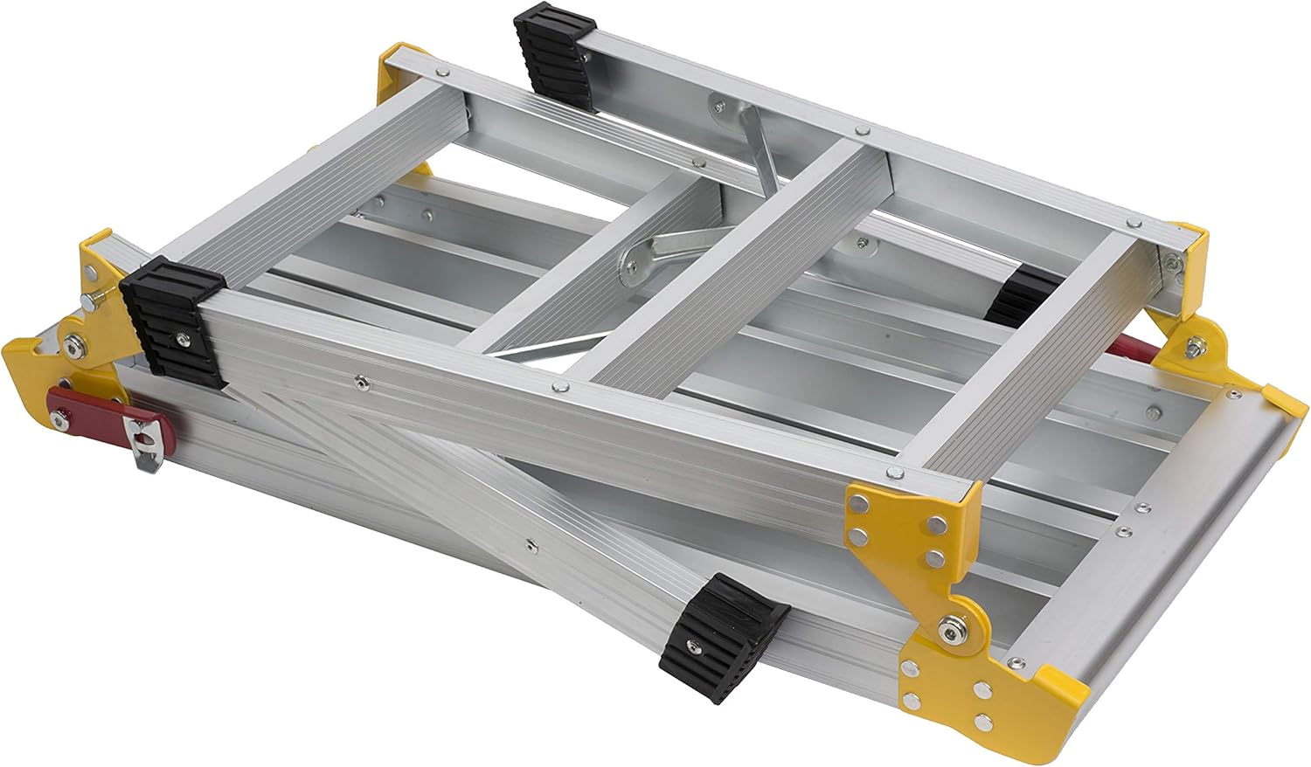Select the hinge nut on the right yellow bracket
1190,351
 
